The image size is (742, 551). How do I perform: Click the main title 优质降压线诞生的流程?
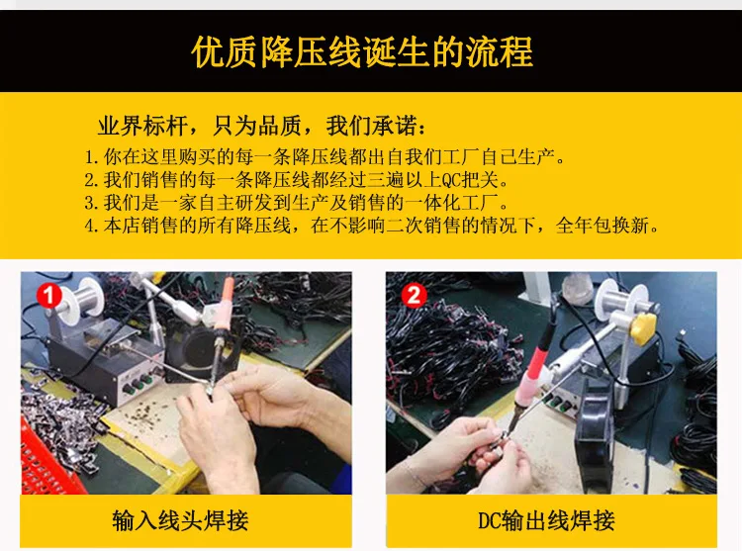[x=362, y=52]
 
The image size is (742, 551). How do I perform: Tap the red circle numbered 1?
[x=49, y=296]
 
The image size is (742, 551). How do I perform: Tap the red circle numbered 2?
[x=415, y=296]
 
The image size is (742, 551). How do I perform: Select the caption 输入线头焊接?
[x=180, y=520]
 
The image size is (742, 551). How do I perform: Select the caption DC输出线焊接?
[x=546, y=520]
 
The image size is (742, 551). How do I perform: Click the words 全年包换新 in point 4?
[x=602, y=226]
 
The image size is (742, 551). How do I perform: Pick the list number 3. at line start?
[x=91, y=203]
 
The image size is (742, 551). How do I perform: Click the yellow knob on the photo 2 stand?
[x=644, y=327]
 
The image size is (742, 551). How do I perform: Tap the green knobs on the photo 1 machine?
[x=138, y=384]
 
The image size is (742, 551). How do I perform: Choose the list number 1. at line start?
[x=91, y=157]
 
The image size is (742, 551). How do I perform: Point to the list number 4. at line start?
[x=91, y=227]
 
